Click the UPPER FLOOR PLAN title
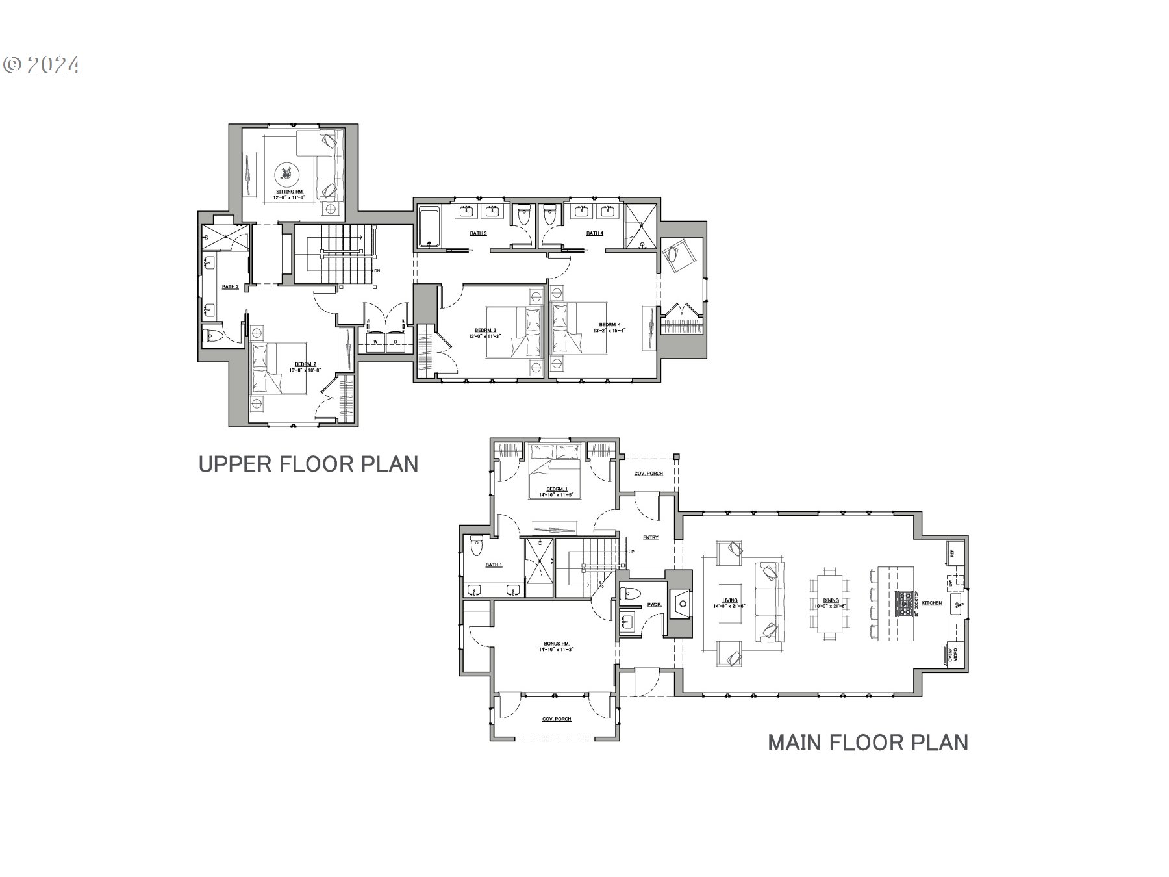(308, 464)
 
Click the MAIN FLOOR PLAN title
(868, 742)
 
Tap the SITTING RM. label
(290, 192)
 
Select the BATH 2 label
(231, 286)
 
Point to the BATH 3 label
(478, 233)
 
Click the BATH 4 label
(594, 233)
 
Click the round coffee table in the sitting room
(286, 173)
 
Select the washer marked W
(375, 342)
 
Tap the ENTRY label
(651, 537)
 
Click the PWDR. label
(654, 605)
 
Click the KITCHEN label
(933, 604)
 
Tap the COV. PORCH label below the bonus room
(557, 719)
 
